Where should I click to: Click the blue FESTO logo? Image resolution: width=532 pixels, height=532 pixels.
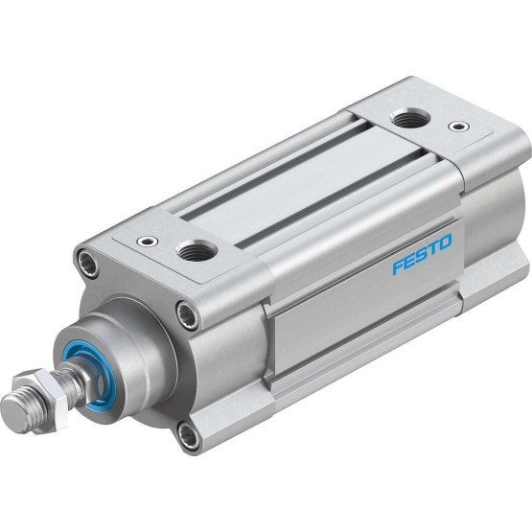click(423, 253)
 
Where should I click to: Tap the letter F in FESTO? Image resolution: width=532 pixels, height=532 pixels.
click(399, 266)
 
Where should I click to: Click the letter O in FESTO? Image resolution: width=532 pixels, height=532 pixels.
click(446, 242)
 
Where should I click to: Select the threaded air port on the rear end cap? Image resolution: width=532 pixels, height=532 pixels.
click(410, 119)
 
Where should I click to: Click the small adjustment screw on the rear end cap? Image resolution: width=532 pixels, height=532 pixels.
click(459, 127)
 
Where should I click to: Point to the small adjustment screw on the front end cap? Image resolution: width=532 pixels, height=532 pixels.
click(148, 242)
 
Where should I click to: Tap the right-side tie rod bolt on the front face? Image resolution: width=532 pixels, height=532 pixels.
click(187, 314)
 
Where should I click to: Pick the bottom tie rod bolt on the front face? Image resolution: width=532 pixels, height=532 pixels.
click(189, 435)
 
